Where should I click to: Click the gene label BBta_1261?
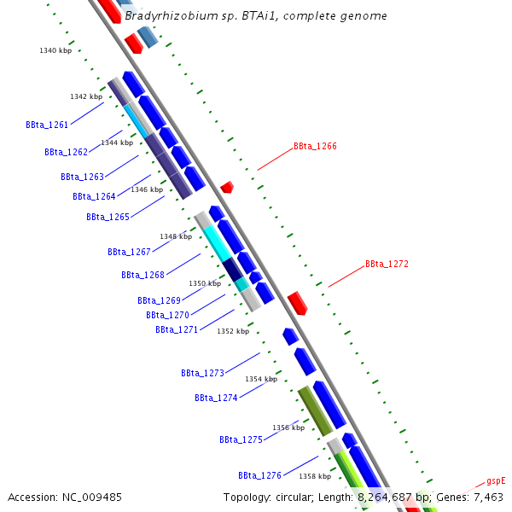47,125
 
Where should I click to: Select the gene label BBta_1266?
315,146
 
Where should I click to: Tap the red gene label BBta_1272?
387,264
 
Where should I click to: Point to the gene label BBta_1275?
241,439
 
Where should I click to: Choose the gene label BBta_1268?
143,275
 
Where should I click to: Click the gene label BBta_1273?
202,373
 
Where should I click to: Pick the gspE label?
496,481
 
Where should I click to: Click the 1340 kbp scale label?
55,51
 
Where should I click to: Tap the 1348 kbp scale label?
175,236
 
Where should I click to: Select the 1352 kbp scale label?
232,331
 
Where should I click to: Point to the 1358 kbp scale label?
314,476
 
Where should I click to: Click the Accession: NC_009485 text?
65,497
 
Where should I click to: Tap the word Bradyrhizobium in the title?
164,16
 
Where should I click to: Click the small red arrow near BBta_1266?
226,187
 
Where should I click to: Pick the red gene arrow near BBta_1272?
297,302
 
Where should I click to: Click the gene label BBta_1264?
94,196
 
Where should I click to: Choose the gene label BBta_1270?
167,315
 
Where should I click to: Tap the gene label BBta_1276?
259,475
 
